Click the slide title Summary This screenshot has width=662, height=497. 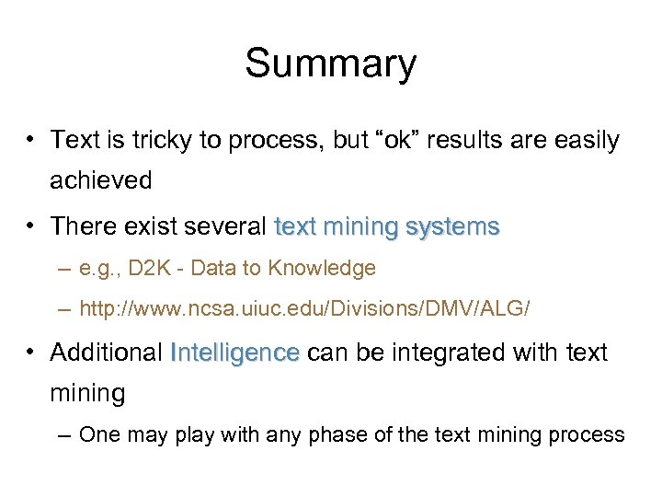[x=330, y=64]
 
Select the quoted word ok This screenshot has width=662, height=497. [x=401, y=140]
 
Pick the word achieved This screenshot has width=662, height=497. [x=101, y=180]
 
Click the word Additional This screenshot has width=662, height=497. [x=107, y=353]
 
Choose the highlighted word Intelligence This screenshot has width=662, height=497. [x=235, y=353]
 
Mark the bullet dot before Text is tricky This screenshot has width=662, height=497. [x=31, y=141]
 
